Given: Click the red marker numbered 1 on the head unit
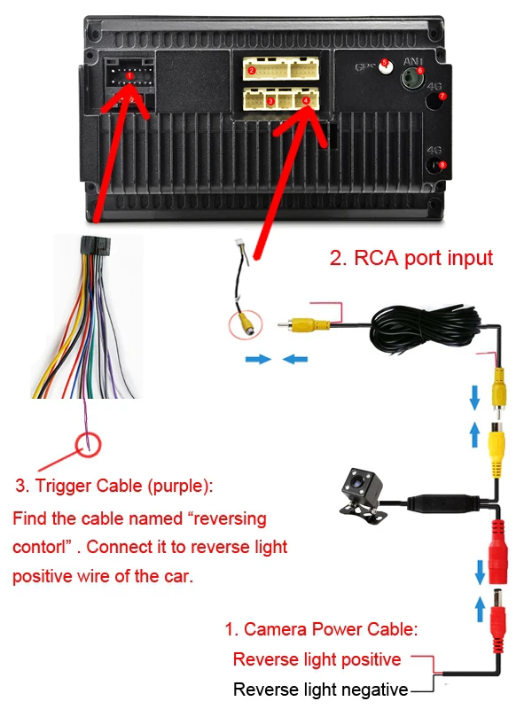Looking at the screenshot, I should click(129, 77).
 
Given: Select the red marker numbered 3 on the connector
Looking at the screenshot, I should click(270, 101).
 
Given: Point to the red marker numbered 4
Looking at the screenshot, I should click(306, 101).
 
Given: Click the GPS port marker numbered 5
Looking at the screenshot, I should click(385, 64).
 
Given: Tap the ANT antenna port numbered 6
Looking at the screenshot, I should click(420, 70).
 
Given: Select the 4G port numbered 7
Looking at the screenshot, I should click(443, 95).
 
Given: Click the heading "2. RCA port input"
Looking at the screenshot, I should click(411, 259).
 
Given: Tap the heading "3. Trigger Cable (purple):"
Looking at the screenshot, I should click(114, 487).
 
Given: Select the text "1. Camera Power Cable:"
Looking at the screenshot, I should click(320, 630).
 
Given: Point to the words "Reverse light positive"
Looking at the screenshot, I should click(317, 659).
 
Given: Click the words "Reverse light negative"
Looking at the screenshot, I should click(320, 690).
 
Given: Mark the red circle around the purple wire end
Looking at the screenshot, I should click(89, 442).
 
